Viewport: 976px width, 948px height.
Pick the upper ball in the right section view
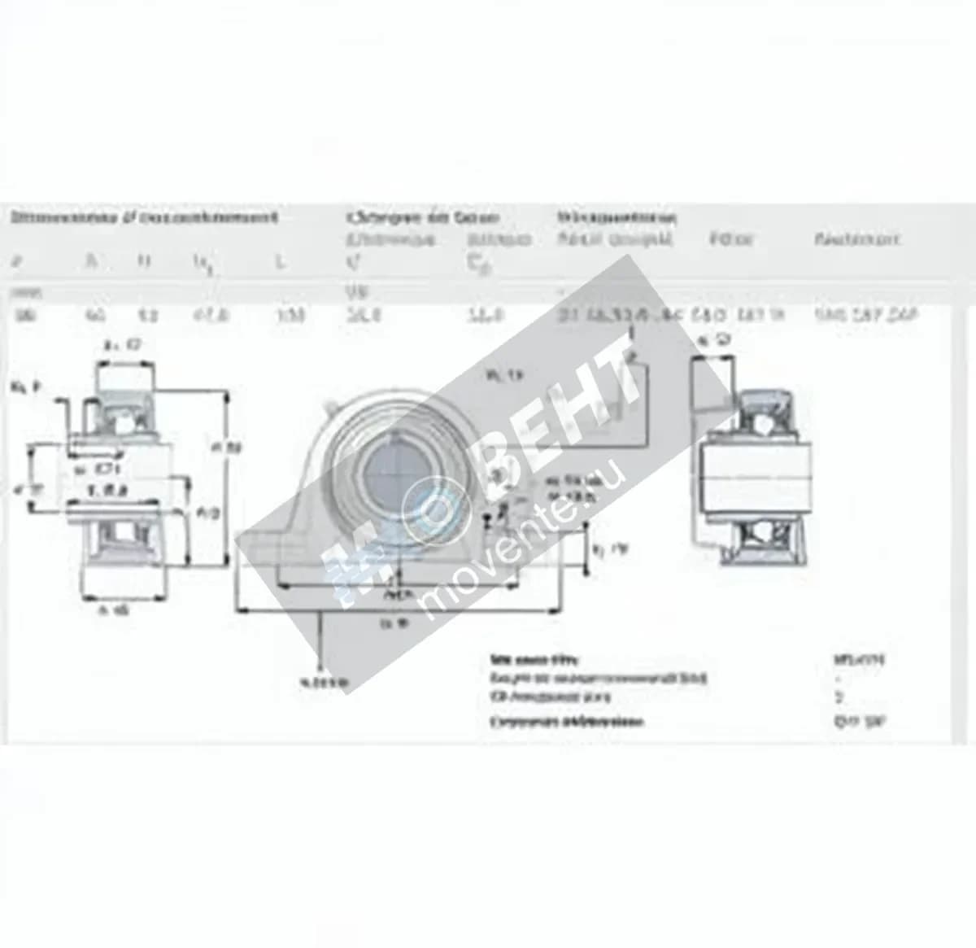point(760,406)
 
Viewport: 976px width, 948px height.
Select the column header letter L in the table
point(280,262)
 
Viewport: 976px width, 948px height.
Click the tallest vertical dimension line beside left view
point(225,480)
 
